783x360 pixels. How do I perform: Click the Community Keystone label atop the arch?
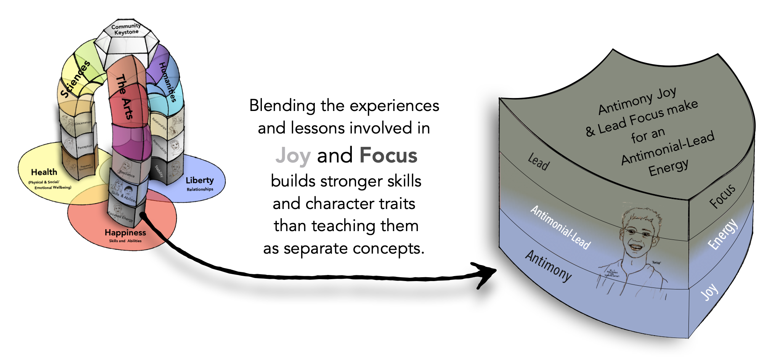(x=126, y=29)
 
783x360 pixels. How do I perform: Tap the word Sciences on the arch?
(x=75, y=79)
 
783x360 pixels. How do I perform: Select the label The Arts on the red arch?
(x=125, y=96)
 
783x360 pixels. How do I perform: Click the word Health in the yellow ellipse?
(x=44, y=172)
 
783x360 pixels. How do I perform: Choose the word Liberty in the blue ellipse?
(x=200, y=180)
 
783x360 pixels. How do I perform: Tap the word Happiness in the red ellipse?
(x=125, y=232)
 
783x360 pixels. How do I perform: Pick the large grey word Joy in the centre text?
(x=293, y=156)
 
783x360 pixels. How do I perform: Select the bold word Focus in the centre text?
(x=388, y=155)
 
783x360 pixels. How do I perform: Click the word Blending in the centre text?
(x=282, y=106)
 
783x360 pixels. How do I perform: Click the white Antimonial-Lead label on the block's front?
(x=560, y=228)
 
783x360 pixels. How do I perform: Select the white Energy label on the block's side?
(x=722, y=235)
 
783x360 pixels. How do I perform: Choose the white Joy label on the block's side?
(x=709, y=292)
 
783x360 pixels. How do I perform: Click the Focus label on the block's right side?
(x=722, y=196)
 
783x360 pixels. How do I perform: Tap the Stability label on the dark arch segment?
(x=159, y=171)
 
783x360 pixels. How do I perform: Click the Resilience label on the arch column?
(x=127, y=174)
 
